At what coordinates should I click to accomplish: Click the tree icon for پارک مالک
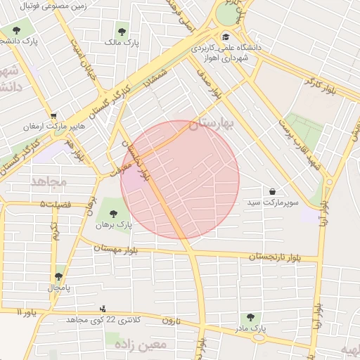[x=122, y=32]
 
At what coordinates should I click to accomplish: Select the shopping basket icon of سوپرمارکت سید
[x=272, y=191]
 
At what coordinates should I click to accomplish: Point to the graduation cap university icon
[x=225, y=37]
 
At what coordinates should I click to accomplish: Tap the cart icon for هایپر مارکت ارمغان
[x=53, y=116]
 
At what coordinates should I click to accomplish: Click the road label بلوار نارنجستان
[x=278, y=258]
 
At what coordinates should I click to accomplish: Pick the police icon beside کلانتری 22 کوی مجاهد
[x=103, y=308]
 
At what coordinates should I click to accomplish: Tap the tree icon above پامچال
[x=58, y=277]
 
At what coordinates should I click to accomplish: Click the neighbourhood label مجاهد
[x=49, y=181]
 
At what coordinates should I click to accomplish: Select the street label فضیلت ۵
[x=56, y=204]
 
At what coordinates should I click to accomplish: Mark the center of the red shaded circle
[x=180, y=179]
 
